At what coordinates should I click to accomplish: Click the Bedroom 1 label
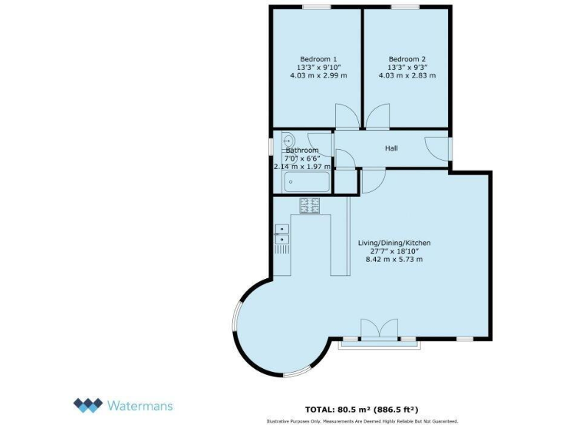pyautogui.click(x=318, y=59)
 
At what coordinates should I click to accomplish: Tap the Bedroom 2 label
pyautogui.click(x=408, y=59)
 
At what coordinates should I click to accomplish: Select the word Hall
pyautogui.click(x=391, y=148)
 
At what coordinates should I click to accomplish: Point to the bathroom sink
pyautogui.click(x=288, y=140)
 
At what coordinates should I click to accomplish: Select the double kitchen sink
pyautogui.click(x=282, y=233)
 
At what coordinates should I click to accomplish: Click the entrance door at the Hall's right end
pyautogui.click(x=441, y=148)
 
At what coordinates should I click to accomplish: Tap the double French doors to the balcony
pyautogui.click(x=380, y=330)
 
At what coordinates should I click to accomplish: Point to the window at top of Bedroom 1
pyautogui.click(x=315, y=7)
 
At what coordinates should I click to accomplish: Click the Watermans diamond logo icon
pyautogui.click(x=88, y=404)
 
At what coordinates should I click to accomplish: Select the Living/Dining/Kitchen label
pyautogui.click(x=394, y=243)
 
